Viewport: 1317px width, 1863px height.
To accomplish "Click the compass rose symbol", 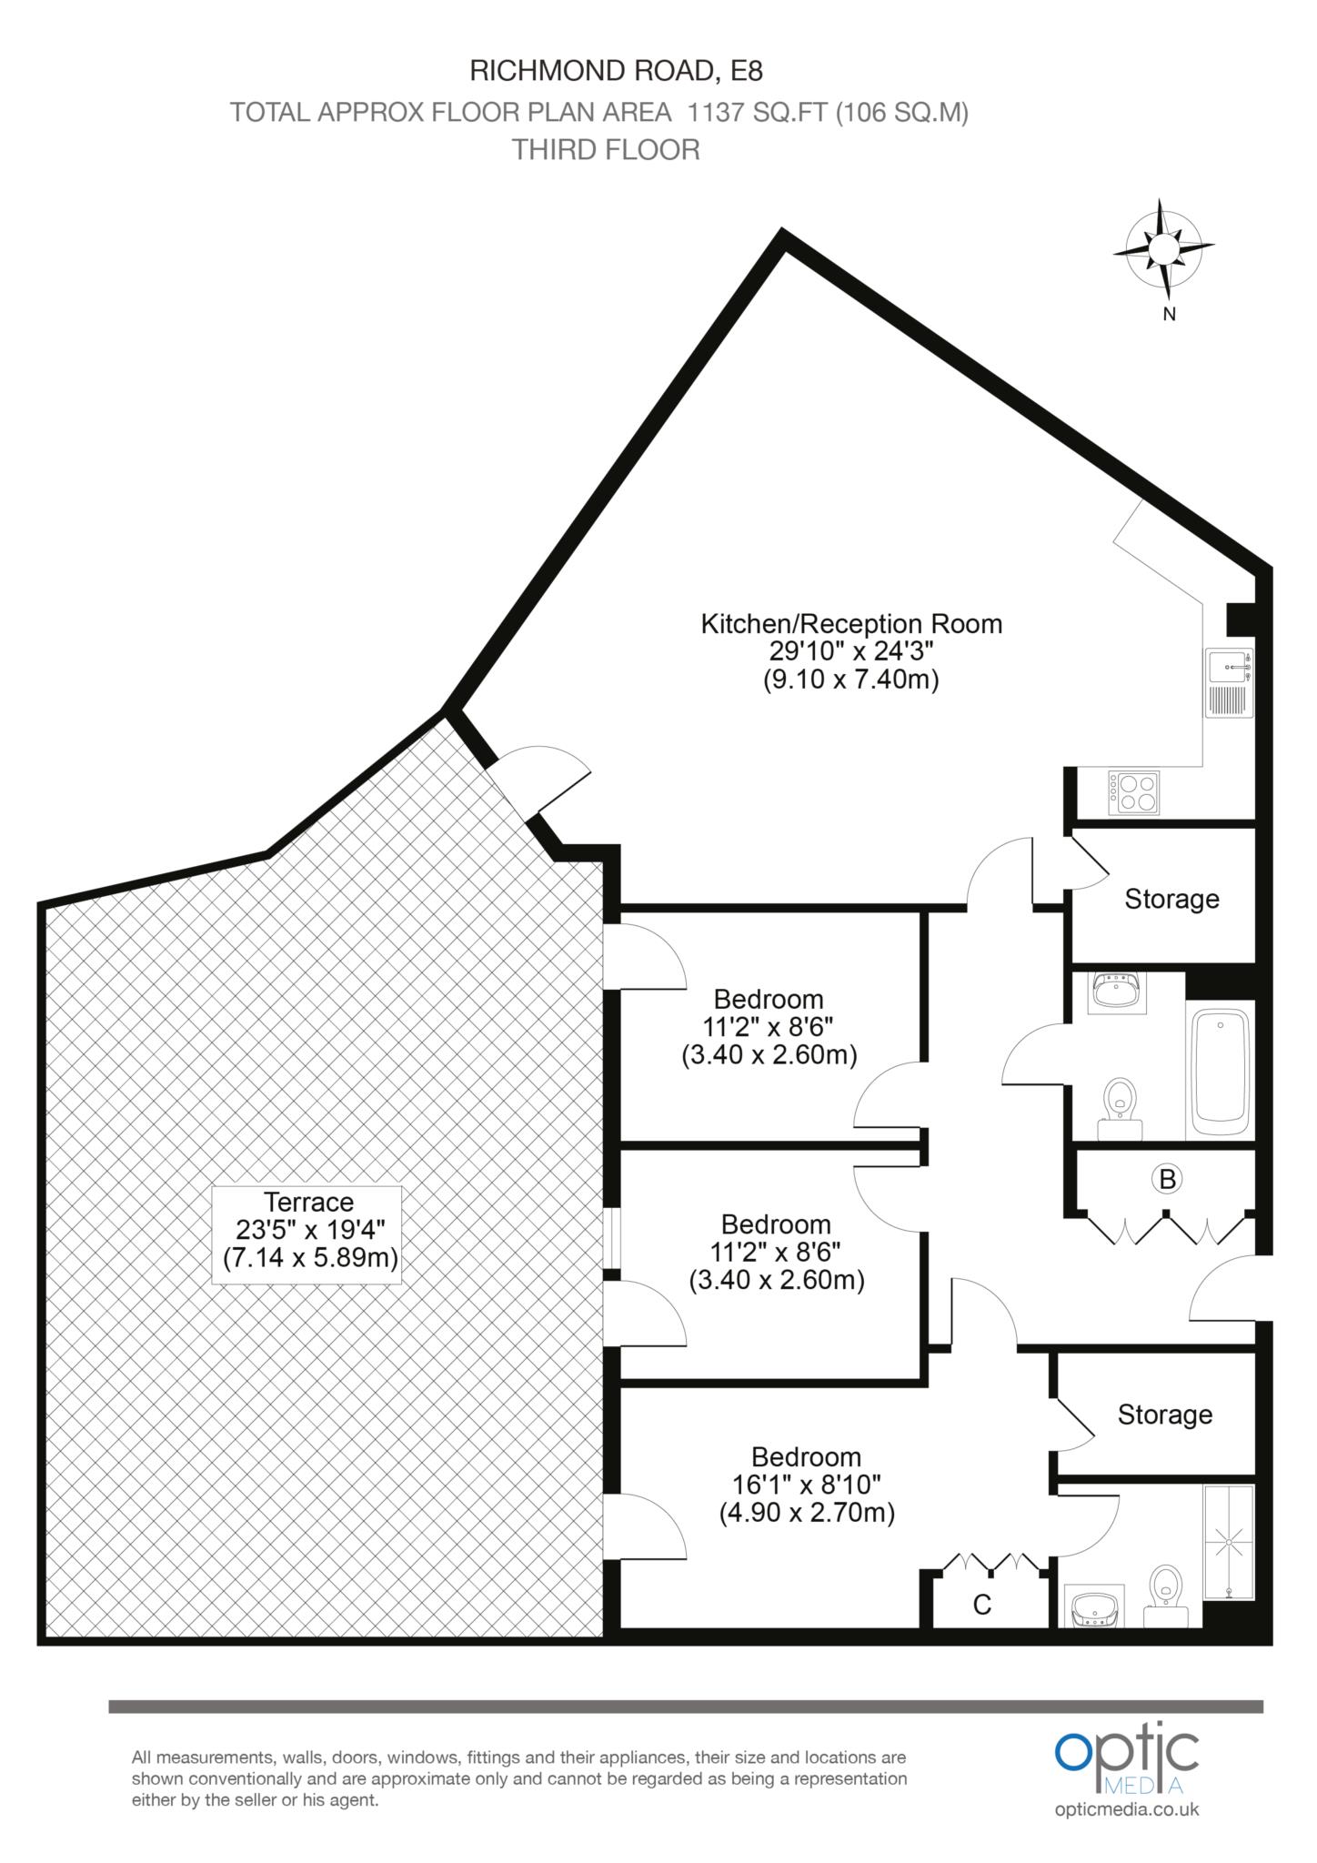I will click(1163, 248).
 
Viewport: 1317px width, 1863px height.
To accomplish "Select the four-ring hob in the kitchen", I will click(1133, 792).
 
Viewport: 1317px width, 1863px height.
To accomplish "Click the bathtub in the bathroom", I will click(1220, 1070).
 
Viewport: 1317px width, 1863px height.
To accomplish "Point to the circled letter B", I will click(1167, 1180).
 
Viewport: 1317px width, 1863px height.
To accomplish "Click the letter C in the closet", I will click(981, 1606).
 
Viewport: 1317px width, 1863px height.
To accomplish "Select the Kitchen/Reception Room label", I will click(851, 624).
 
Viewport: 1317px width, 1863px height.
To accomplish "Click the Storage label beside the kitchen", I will click(1171, 899).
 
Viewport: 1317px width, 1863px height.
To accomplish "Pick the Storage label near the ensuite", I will click(1164, 1415).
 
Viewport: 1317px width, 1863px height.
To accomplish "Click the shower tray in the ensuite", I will click(1229, 1542).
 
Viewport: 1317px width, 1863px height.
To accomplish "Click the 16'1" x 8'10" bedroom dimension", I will click(807, 1485).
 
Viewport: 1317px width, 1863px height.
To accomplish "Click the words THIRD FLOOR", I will click(606, 149).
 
